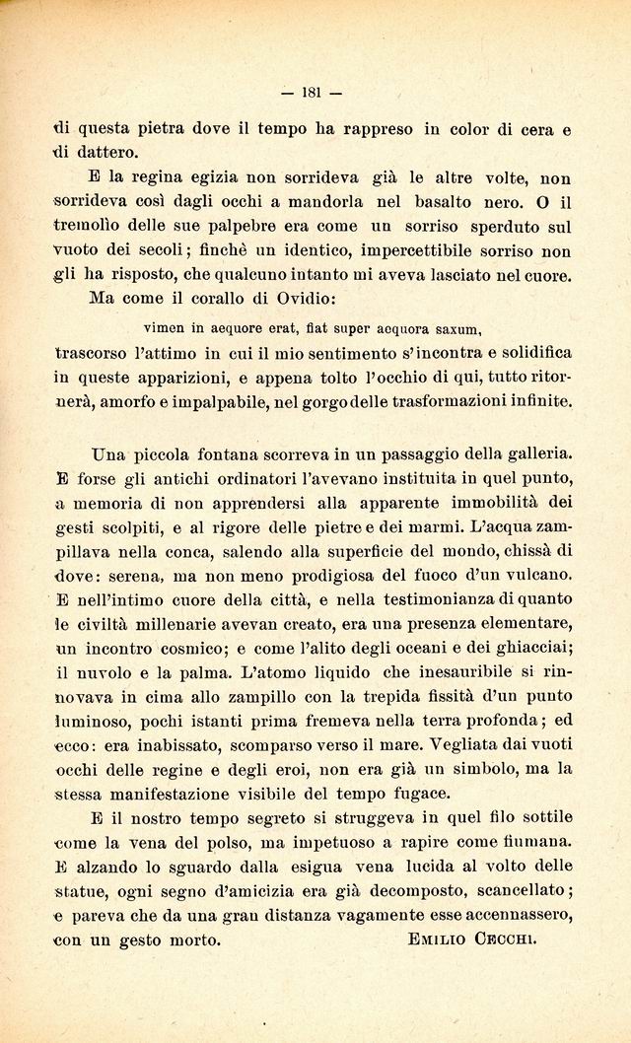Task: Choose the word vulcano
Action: click(x=535, y=575)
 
